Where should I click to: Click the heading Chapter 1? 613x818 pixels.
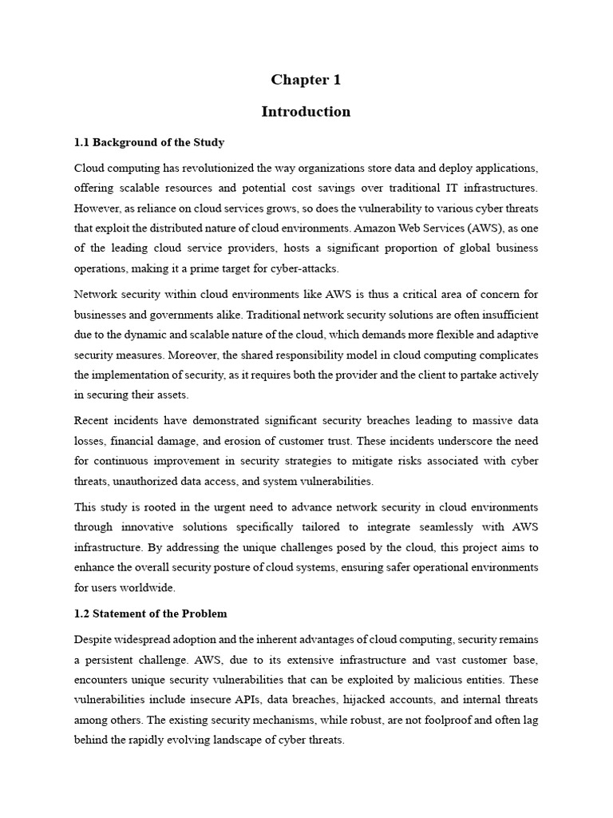point(306,79)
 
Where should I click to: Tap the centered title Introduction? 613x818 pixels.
point(306,112)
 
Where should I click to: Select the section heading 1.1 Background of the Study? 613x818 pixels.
point(149,142)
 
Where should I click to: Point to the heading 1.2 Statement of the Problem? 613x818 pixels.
point(151,613)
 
